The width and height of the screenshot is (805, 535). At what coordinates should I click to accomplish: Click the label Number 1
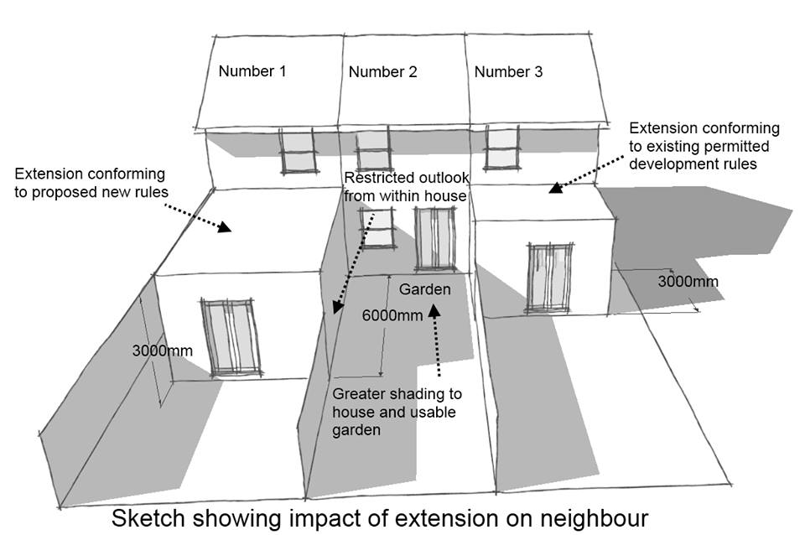coord(252,72)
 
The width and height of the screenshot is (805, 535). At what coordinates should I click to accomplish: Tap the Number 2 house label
coord(382,72)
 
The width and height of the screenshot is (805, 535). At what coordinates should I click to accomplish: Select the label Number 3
coord(508,72)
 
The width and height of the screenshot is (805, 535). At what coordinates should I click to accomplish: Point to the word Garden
coord(424,290)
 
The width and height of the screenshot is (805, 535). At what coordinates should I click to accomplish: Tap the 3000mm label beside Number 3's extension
coord(688,281)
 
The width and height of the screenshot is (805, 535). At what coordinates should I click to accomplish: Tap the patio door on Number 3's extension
coord(546,278)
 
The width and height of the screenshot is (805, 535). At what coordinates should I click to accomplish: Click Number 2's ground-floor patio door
coord(436,239)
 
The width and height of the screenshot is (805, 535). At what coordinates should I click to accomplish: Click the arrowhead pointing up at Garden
coord(434,312)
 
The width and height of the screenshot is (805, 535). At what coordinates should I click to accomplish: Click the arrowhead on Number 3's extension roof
coord(553,189)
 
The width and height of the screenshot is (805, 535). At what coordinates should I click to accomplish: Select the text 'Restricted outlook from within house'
coord(406,187)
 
